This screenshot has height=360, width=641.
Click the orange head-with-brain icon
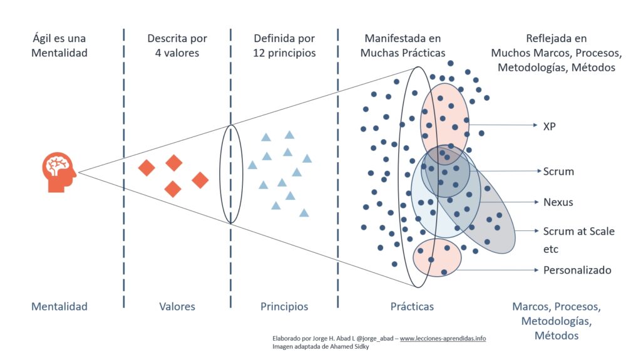pos(59,172)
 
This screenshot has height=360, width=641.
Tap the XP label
pos(549,125)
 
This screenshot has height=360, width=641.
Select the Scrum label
pos(558,171)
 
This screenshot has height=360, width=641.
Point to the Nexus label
pos(558,202)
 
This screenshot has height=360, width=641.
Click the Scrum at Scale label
pos(578,231)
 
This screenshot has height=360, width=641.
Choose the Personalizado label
pos(577,270)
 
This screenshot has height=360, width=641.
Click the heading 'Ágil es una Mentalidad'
pos(59,45)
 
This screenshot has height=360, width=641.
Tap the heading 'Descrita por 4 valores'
pos(177,45)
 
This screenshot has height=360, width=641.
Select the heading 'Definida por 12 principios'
pos(284,45)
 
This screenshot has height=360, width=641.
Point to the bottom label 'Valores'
pos(177,306)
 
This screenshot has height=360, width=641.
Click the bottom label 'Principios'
pos(284,306)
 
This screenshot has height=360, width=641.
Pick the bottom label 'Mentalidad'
pos(59,306)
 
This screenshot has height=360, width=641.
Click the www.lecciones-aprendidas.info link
pos(443,338)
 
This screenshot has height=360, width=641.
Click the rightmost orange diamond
pos(200,180)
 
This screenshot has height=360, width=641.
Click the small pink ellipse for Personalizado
pos(438,257)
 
